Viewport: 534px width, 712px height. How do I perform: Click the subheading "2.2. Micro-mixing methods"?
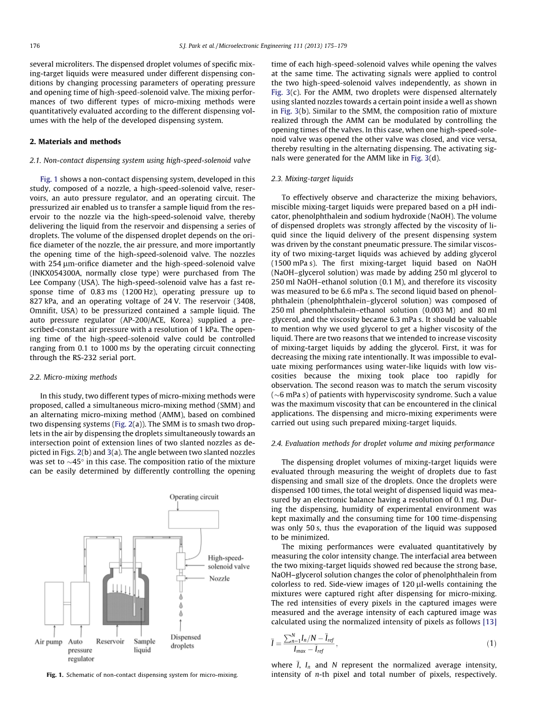73,377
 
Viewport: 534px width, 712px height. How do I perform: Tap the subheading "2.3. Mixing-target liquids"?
312,179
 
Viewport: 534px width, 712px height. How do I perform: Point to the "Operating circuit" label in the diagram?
193,497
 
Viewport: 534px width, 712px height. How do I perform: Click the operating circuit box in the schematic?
193,519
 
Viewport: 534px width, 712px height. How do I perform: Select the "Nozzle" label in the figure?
219,578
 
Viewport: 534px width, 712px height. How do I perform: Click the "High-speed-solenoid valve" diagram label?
229,562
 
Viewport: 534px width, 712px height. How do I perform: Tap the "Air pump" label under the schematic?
48,642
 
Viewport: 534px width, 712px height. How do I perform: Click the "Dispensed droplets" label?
186,642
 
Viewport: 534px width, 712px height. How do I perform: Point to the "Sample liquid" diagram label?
144,646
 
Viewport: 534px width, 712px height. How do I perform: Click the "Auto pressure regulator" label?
80,650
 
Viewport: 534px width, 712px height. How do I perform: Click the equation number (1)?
491,643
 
